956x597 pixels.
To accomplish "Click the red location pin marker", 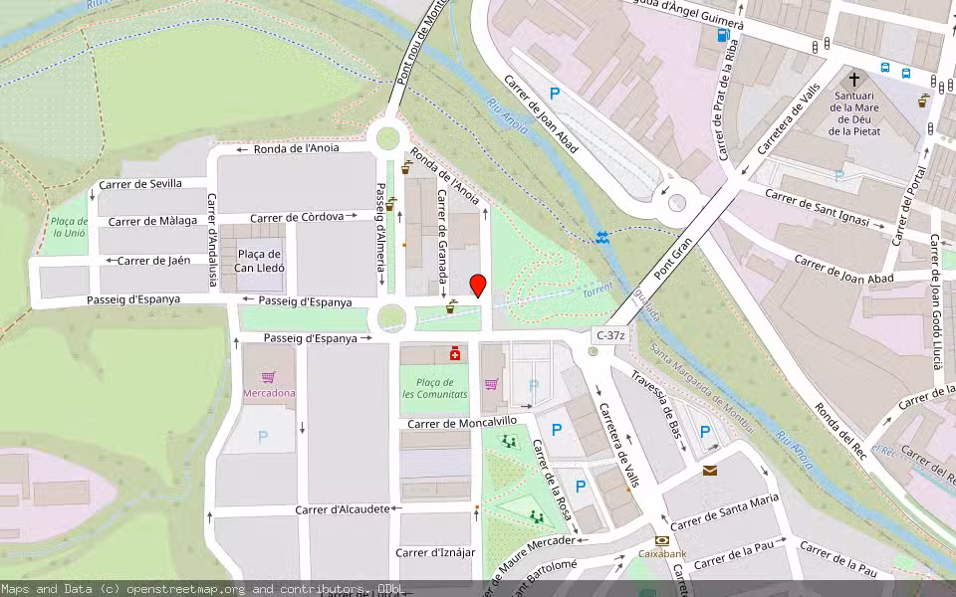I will click(478, 286).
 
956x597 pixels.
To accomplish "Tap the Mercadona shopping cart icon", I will click(268, 377).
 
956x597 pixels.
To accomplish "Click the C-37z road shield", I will click(610, 336).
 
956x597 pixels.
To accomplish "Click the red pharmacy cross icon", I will click(455, 352).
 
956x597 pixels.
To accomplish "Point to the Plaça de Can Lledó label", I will click(260, 262).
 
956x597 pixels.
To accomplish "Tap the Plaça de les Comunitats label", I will click(434, 388).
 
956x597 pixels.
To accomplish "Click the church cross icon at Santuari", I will click(853, 79).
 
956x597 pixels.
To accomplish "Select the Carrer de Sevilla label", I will click(140, 184).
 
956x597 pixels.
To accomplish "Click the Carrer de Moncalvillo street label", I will click(462, 422).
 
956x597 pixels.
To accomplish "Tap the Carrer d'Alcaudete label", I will click(343, 509).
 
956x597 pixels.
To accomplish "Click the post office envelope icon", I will click(710, 470).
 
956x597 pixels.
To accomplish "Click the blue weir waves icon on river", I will click(602, 237).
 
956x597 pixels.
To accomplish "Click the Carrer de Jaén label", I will click(153, 261).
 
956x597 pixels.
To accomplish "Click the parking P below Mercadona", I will click(263, 436).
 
